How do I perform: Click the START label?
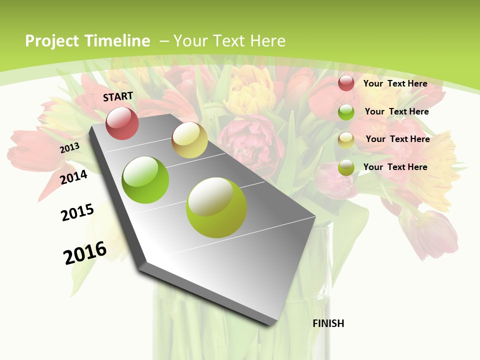point(118,96)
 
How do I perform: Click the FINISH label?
point(328,323)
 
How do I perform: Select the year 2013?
point(69,147)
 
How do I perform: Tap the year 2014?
point(73,177)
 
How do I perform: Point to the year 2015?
point(77,212)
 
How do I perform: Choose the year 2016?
point(85,252)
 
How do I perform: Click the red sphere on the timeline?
point(122,123)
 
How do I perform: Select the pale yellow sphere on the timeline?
point(189,140)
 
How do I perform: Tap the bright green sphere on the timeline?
point(145,180)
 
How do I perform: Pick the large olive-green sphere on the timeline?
point(216,207)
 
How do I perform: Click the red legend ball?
point(346,83)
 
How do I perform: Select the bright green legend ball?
point(346,112)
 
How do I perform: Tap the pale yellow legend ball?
point(346,140)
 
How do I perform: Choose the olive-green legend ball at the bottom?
point(346,167)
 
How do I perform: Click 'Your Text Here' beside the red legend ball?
point(395,83)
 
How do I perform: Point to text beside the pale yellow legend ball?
point(397,139)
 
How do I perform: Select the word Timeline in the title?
point(117,41)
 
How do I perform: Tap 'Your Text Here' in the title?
point(229,41)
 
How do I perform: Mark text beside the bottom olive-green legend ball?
point(395,167)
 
